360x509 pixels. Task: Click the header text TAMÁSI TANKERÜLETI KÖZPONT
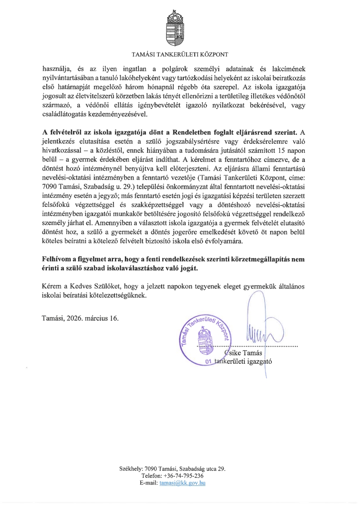click(x=180, y=55)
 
